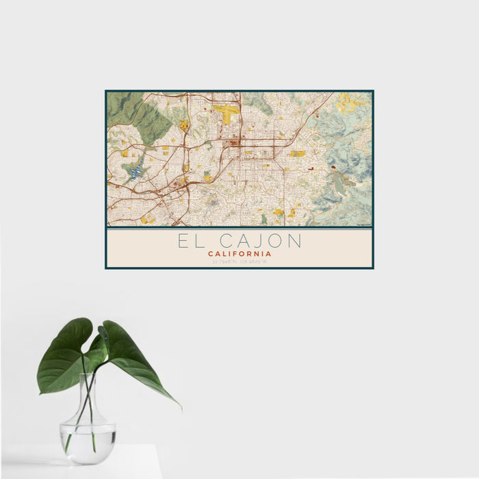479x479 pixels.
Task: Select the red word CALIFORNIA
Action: click(239, 253)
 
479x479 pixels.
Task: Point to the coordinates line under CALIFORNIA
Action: click(239, 261)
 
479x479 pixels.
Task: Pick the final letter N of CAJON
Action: click(293, 241)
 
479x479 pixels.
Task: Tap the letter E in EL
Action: click(183, 241)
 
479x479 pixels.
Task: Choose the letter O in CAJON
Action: click(277, 241)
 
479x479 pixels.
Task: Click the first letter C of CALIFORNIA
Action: click(211, 253)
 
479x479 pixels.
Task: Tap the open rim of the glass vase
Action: click(88, 375)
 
